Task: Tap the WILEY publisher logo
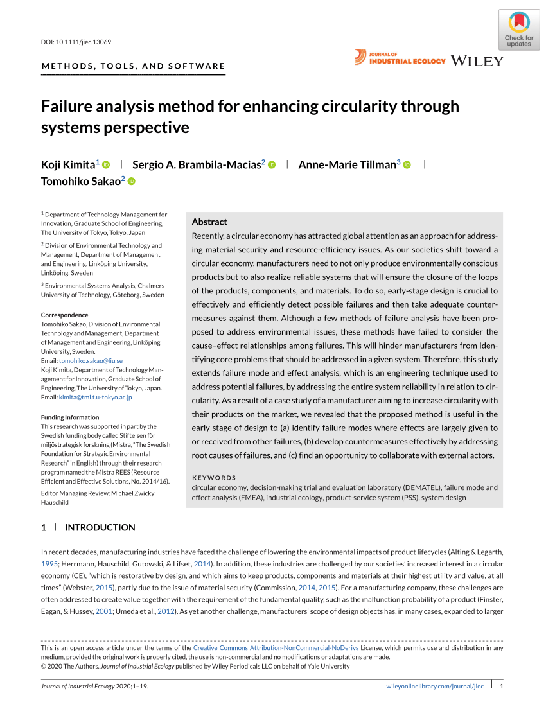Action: pyautogui.click(x=477, y=61)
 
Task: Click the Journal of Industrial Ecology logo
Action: pyautogui.click(x=400, y=58)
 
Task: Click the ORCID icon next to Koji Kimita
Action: pyautogui.click(x=107, y=165)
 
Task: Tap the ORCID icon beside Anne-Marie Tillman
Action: pyautogui.click(x=407, y=165)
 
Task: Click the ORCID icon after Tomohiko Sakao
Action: pyautogui.click(x=132, y=182)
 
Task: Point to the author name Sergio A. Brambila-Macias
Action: pyautogui.click(x=197, y=165)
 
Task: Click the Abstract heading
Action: pyautogui.click(x=209, y=222)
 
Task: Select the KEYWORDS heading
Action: pyautogui.click(x=214, y=478)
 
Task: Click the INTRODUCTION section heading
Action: pyautogui.click(x=100, y=527)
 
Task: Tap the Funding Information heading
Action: pyautogui.click(x=70, y=417)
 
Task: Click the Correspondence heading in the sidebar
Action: pyautogui.click(x=65, y=315)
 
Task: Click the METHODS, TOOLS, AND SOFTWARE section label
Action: pyautogui.click(x=133, y=66)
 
